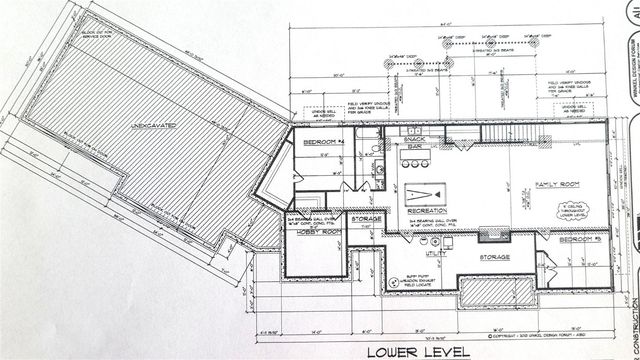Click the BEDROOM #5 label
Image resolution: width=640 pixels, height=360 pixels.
[x=580, y=241]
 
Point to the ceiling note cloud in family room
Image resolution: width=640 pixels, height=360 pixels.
[x=570, y=211]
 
